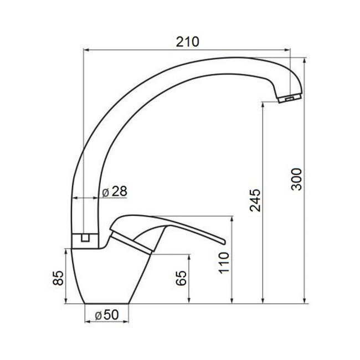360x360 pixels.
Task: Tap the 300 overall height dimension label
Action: [297, 179]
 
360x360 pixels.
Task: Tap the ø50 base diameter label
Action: [106, 315]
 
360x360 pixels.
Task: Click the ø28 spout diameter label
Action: [115, 191]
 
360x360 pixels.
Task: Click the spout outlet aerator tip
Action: [288, 99]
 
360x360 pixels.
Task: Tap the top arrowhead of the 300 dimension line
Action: [305, 58]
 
